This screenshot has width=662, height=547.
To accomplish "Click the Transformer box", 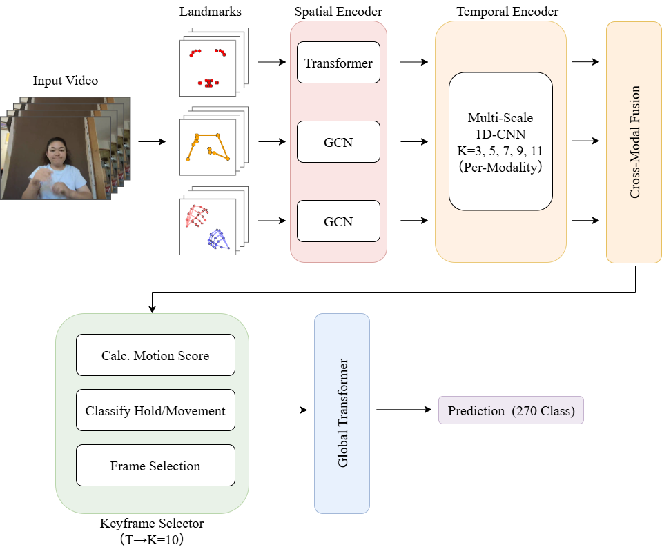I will tap(338, 63).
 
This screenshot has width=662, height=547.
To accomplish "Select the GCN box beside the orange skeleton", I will tap(338, 142).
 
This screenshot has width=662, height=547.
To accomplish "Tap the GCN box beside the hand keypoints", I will tap(338, 221).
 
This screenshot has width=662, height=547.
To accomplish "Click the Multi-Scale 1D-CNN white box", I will tap(500, 141).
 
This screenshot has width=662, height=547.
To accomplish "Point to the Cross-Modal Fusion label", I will tap(634, 142).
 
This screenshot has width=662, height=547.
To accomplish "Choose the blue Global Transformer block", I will tap(342, 413).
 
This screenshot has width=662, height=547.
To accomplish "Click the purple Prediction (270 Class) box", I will tap(511, 410).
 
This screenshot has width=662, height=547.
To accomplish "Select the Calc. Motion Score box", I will tap(155, 355).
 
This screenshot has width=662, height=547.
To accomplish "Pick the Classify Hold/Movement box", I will tap(155, 410).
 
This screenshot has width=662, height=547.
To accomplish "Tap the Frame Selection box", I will tap(155, 466).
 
